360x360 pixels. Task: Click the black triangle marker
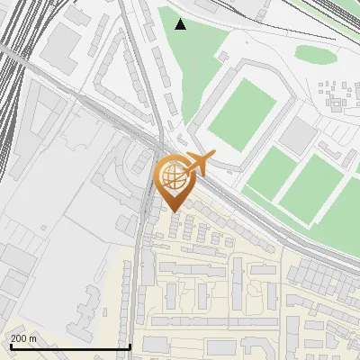pos(181,24)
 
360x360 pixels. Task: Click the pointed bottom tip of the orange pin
pos(173,211)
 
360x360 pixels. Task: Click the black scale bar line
pos(69,346)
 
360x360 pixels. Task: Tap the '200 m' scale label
pos(24,338)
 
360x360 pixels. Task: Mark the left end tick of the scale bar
pos(9,346)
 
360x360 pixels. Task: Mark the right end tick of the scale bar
pos(130,346)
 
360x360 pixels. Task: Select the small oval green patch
pos(316,54)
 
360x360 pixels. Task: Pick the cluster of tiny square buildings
pos(337,94)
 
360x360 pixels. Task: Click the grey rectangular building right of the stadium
pos(298,136)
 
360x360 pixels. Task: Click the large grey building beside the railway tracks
pos(63,50)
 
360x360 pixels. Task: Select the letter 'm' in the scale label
pos(34,338)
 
